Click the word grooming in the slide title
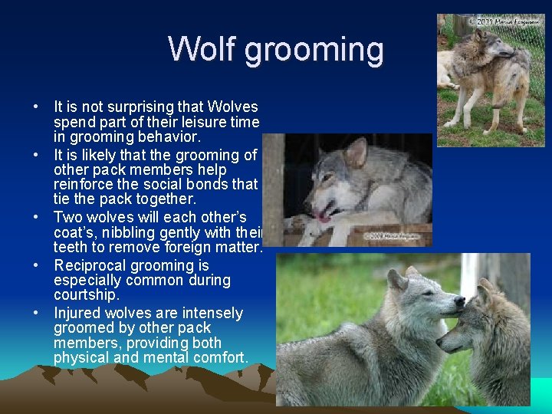(x=314, y=51)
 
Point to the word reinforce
(x=85, y=185)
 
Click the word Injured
(x=77, y=313)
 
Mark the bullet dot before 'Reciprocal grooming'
(x=37, y=266)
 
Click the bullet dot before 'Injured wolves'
(x=37, y=314)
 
